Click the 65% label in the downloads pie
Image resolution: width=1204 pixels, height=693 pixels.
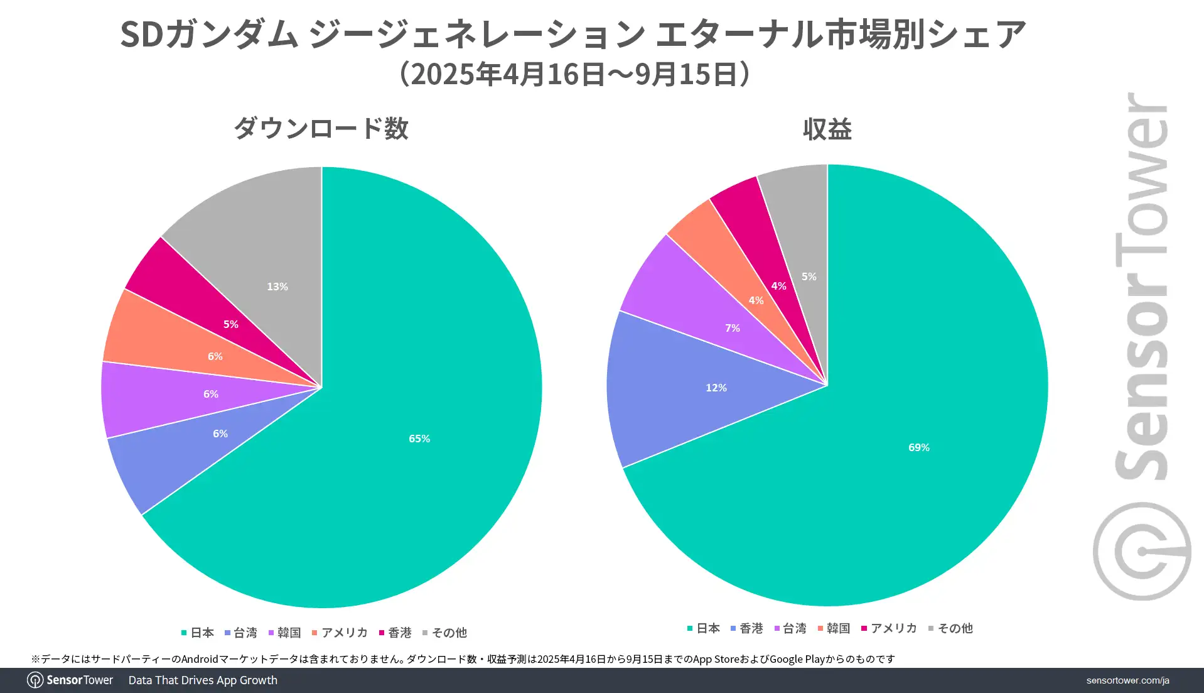coord(419,439)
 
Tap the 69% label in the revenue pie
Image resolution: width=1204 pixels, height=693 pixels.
coord(918,447)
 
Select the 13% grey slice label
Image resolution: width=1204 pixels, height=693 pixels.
coord(277,286)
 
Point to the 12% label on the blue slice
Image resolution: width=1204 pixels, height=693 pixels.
coord(716,388)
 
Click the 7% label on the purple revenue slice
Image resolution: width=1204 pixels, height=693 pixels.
coord(732,328)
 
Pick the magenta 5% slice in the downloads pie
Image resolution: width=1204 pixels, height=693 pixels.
coord(230,324)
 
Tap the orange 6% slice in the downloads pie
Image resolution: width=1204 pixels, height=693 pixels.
coord(215,356)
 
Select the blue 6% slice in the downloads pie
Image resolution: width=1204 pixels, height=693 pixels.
coord(220,434)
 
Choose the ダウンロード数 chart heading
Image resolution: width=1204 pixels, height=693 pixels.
coord(321,129)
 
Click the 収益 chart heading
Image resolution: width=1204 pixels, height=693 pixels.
coord(827,129)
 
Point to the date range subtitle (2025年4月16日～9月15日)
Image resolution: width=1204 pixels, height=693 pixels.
coord(574,74)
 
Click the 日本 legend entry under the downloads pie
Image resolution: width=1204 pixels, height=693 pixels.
coord(198,633)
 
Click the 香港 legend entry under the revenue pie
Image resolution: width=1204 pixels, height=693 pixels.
coord(746,628)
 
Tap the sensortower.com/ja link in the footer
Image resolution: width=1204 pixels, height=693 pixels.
coord(1127,680)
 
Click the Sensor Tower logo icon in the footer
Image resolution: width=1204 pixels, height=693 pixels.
coord(35,680)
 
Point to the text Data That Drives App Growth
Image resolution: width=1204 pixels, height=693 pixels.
coord(203,680)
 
